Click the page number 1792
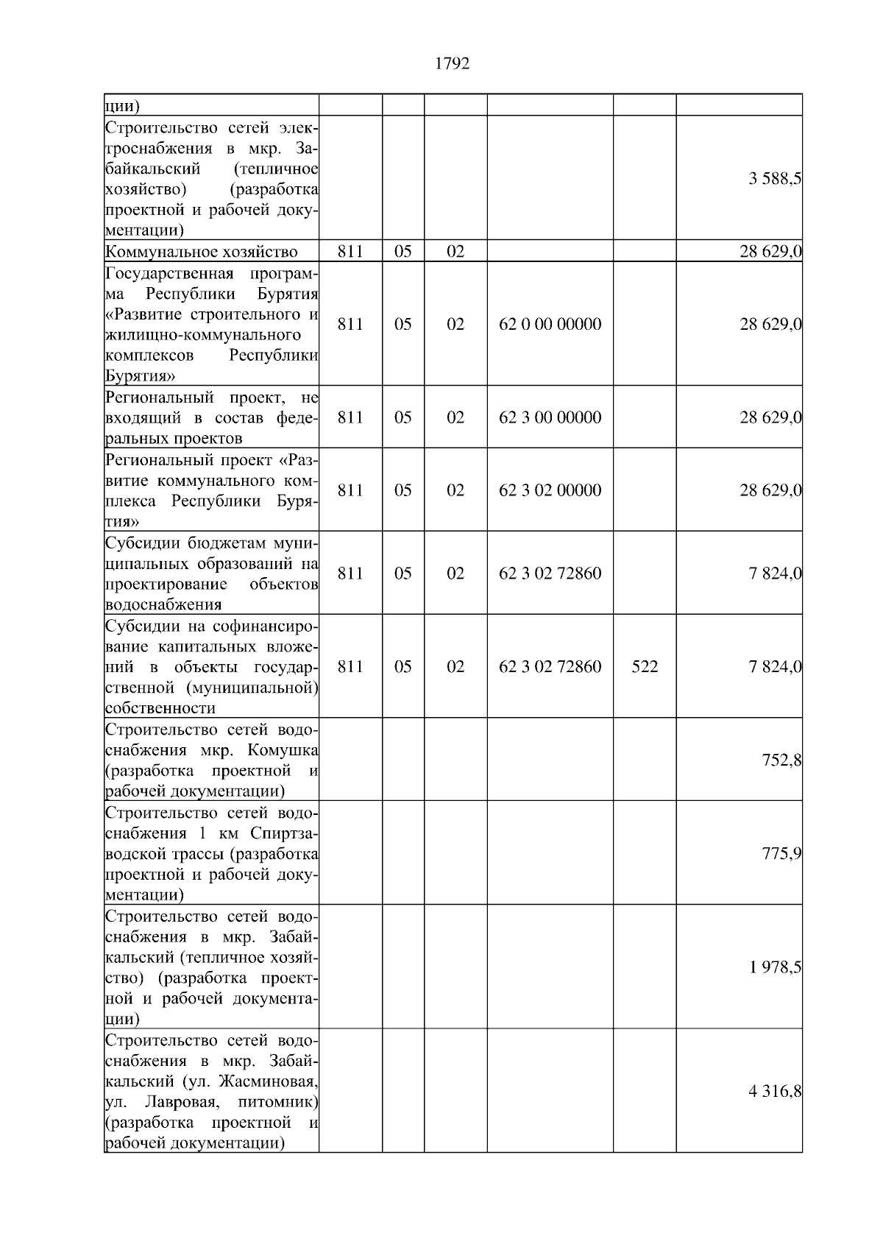[452, 64]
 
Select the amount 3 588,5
[775, 179]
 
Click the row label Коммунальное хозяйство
[202, 252]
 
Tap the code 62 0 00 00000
[550, 325]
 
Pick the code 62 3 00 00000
[550, 417]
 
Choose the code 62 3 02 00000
[550, 490]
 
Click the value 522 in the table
[645, 667]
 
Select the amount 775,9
[781, 854]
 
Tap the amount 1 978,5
[775, 967]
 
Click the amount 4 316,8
[775, 1092]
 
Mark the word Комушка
[283, 751]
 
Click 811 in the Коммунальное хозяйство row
[350, 252]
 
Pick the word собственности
[160, 708]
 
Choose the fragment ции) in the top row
[122, 106]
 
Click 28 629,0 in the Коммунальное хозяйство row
[770, 252]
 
